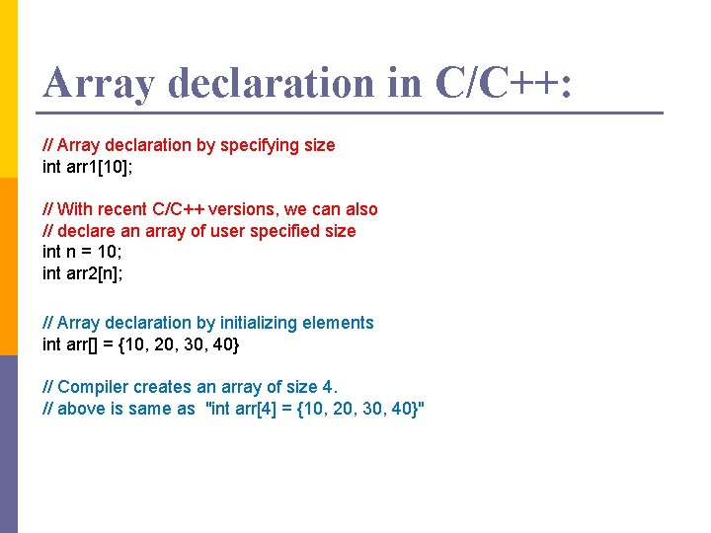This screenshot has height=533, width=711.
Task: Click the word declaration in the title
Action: pyautogui.click(x=272, y=83)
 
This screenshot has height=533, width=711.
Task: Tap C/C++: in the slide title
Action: pyautogui.click(x=502, y=83)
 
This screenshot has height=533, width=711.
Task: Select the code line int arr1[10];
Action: pyautogui.click(x=88, y=167)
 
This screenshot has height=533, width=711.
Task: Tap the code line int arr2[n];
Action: pyautogui.click(x=83, y=273)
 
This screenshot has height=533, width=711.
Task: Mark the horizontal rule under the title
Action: pyautogui.click(x=352, y=113)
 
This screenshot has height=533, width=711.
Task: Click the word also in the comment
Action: pyautogui.click(x=361, y=209)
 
